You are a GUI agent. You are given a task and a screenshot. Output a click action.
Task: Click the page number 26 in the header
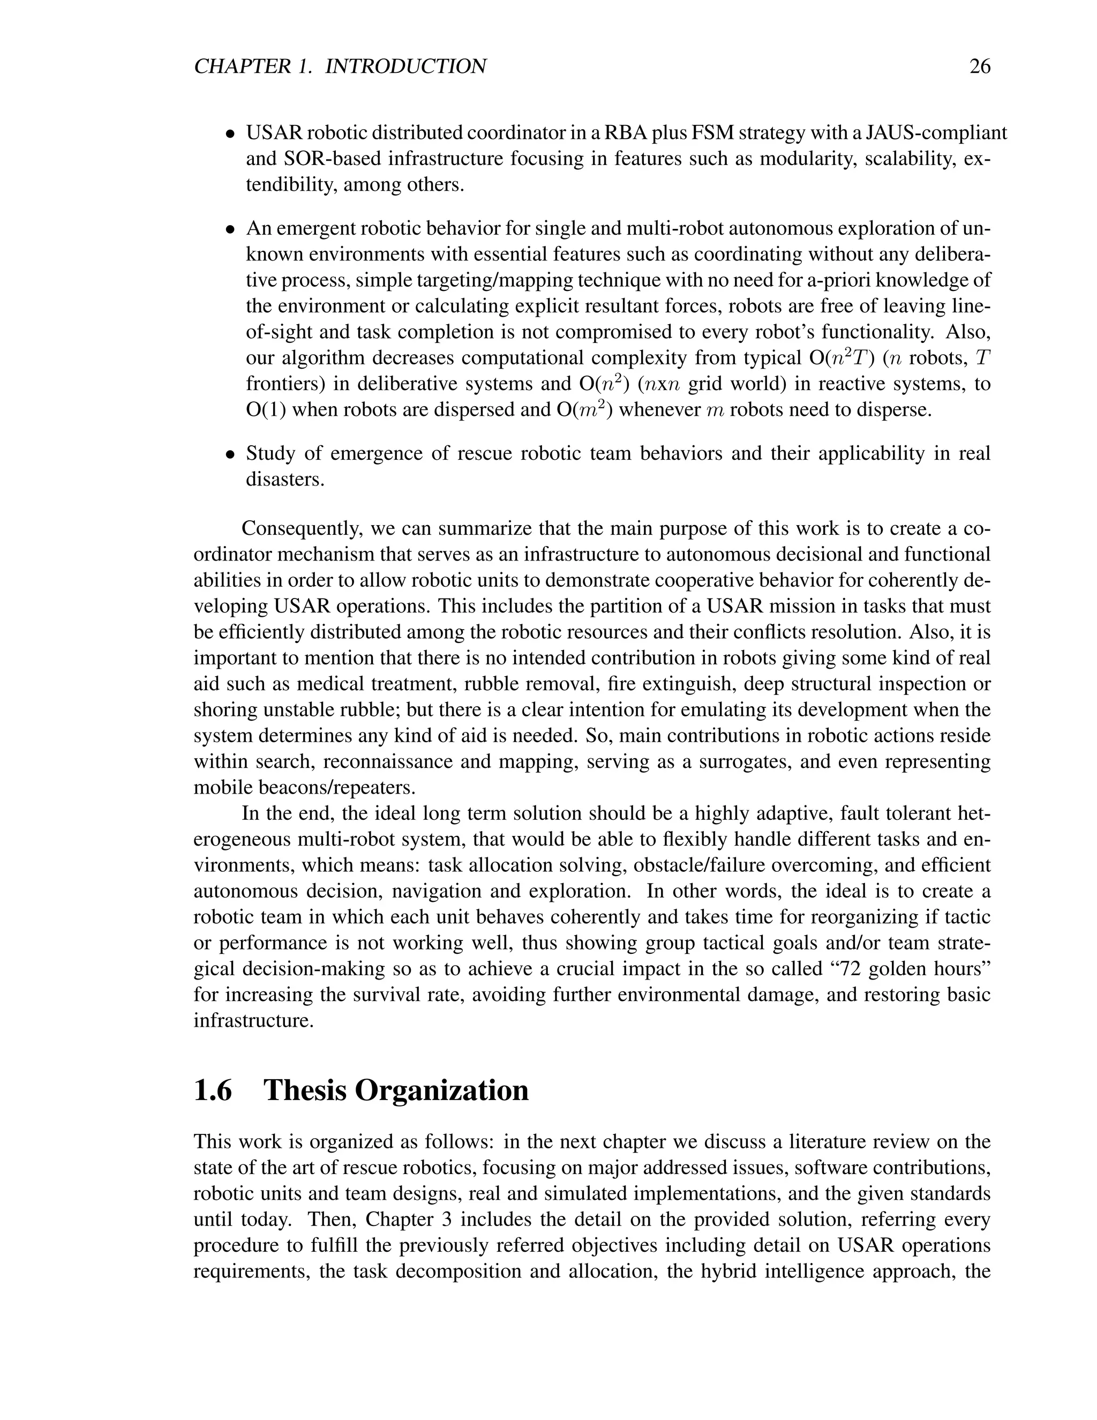click(979, 67)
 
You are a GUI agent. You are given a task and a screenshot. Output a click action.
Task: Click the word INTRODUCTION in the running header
click(405, 67)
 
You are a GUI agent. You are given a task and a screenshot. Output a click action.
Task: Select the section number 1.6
click(213, 1090)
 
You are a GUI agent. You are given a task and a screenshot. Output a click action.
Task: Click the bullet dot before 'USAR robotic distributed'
click(229, 134)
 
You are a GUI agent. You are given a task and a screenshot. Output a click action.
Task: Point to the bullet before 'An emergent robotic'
click(229, 230)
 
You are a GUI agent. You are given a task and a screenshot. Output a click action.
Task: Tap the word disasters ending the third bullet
click(284, 480)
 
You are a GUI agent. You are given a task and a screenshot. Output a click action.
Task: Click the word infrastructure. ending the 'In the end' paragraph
click(253, 1020)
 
